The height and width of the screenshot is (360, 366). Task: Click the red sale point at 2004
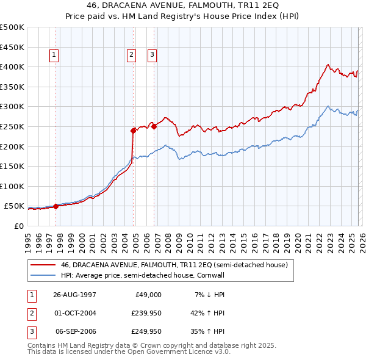133,130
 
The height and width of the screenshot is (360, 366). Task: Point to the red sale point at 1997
56,206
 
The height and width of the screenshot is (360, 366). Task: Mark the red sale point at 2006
154,126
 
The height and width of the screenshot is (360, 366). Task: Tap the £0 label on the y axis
18,226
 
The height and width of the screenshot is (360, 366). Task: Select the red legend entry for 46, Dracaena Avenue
174,265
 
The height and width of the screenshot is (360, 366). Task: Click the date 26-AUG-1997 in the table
74,295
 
